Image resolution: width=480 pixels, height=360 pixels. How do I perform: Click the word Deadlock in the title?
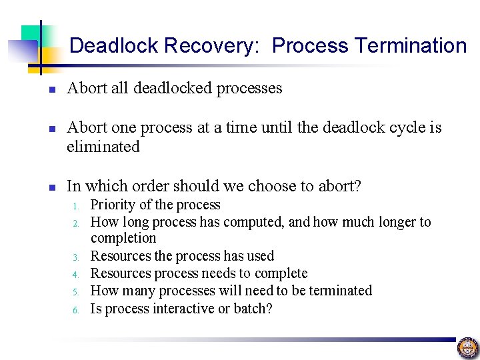coord(113,46)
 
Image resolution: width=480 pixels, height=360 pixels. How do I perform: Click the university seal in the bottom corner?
coord(467,347)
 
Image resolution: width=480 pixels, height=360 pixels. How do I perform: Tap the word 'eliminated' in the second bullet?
coord(103,147)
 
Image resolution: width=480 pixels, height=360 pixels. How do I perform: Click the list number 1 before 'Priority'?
coord(77,206)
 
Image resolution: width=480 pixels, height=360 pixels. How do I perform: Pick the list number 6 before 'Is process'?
coord(77,310)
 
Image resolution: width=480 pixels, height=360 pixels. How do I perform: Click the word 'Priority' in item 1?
coord(113,205)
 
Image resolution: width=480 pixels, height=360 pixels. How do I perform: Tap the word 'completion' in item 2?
coord(123,238)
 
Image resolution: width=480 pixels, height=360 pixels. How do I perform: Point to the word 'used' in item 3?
coord(260,256)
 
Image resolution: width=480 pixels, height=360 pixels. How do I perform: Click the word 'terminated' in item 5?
coord(339,291)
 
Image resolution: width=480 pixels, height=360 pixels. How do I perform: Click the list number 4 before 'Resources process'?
coord(77,275)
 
